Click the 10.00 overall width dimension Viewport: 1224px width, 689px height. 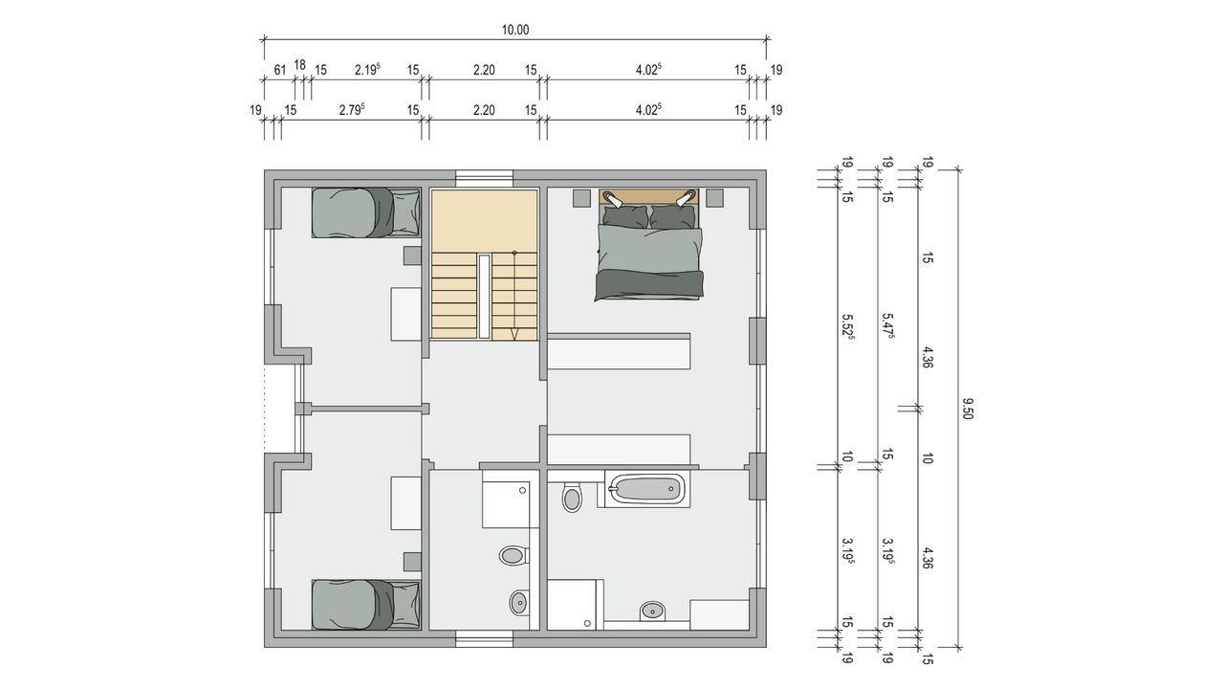515,30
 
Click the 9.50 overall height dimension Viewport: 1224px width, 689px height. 967,409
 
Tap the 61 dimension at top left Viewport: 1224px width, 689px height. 280,70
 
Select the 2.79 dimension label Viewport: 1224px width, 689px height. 351,110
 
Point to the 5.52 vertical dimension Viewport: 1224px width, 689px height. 848,326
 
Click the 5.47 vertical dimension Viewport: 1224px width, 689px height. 888,326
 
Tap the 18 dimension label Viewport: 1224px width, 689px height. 299,65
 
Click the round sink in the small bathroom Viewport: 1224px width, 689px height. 519,603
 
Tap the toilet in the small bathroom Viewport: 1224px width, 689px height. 514,556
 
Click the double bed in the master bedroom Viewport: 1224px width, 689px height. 648,245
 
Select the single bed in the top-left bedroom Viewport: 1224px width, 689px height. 366,212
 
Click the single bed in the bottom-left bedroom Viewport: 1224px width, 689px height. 366,605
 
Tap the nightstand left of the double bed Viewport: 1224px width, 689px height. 581,198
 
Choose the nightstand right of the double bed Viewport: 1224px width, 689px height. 714,198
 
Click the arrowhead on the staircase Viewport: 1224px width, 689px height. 514,334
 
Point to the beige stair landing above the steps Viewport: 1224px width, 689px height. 484,221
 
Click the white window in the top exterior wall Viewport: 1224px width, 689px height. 484,175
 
